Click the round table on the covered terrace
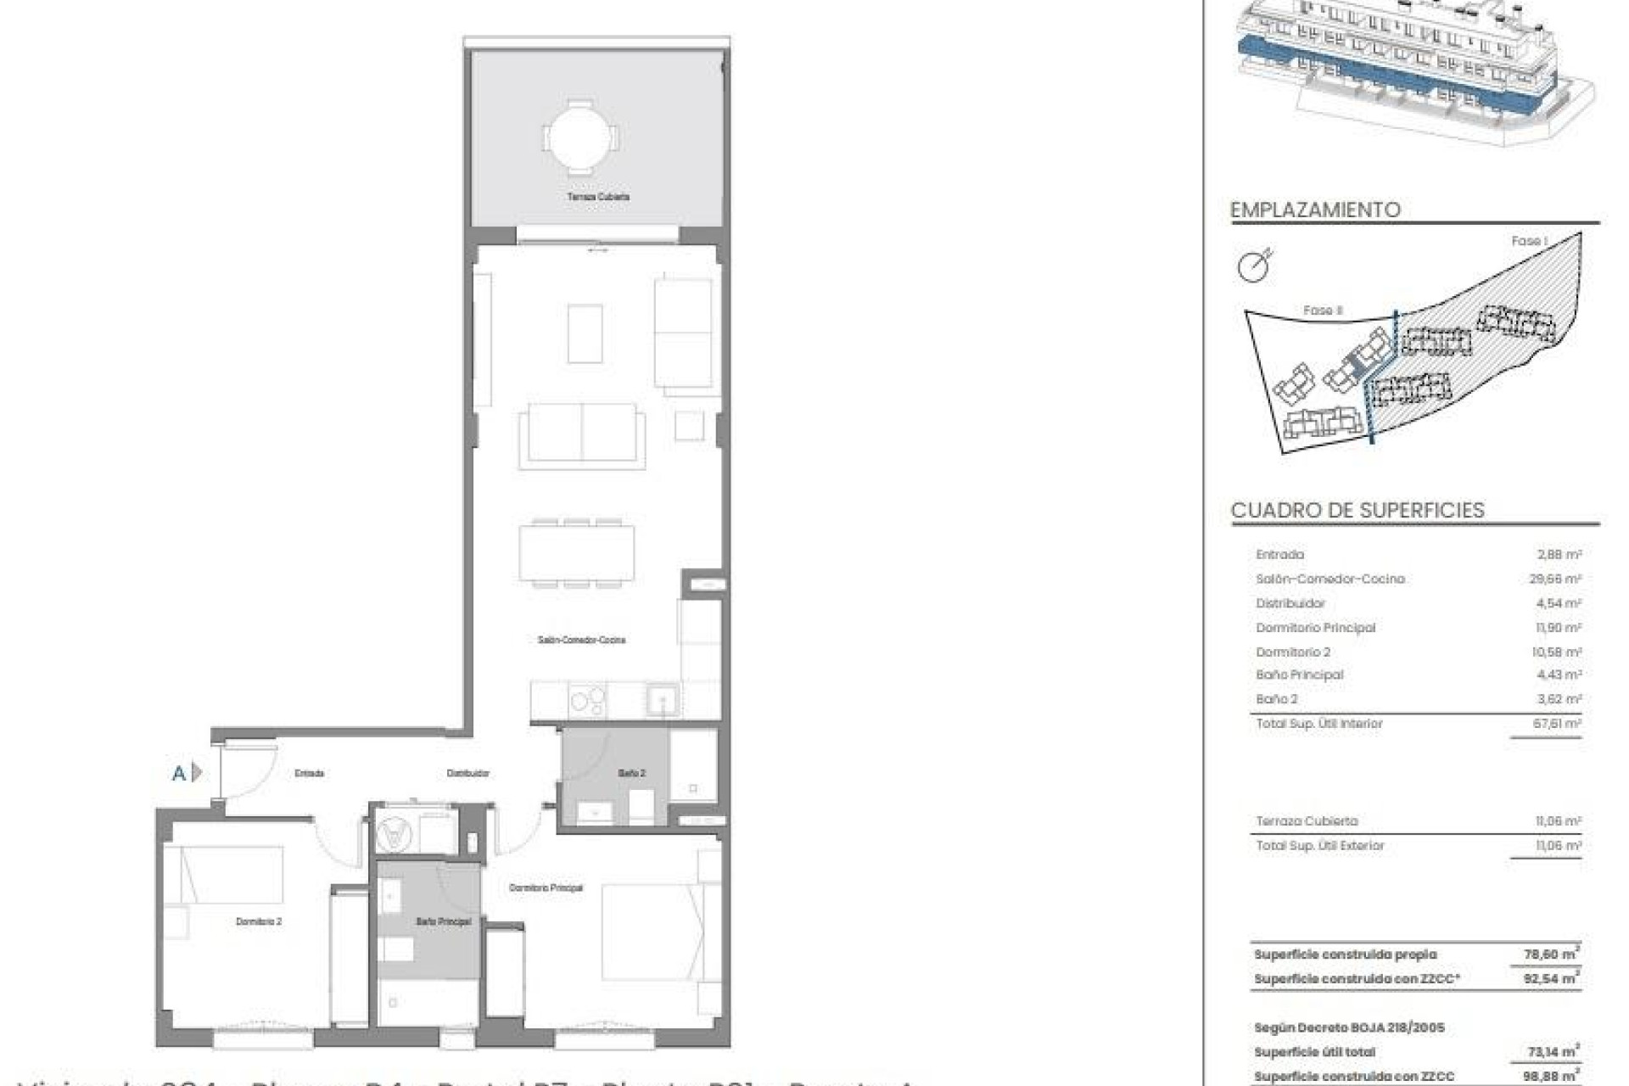pos(580,137)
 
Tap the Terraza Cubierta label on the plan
pos(598,197)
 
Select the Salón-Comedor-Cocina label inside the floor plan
pos(581,640)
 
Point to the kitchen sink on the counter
pos(661,700)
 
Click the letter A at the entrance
pos(179,773)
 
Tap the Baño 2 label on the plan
pos(631,773)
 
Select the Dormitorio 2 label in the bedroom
pos(258,921)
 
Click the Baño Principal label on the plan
pos(443,921)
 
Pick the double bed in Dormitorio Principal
pos(652,932)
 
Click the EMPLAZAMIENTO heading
pos(1315,210)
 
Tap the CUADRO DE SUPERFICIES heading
pos(1357,510)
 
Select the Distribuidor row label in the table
pos(1290,603)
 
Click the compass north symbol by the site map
pos(1255,266)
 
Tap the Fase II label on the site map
pos(1323,311)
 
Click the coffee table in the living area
pos(585,333)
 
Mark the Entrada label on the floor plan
pos(310,773)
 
